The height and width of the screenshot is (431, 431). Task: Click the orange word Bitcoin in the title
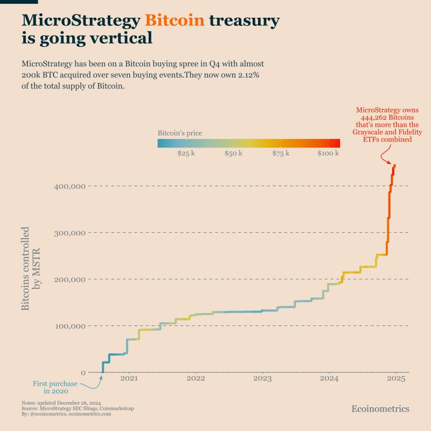[175, 20]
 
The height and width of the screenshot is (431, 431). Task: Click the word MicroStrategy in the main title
[81, 20]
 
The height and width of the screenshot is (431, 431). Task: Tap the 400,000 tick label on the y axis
[70, 186]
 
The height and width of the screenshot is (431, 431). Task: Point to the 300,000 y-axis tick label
[70, 233]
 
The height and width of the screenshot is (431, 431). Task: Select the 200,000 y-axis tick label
[70, 280]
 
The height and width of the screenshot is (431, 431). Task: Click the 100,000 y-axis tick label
[70, 326]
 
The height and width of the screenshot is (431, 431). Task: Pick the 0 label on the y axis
[82, 373]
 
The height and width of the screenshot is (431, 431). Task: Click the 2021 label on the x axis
[129, 379]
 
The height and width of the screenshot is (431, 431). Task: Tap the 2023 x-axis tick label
[262, 379]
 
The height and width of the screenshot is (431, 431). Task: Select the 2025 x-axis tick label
[395, 379]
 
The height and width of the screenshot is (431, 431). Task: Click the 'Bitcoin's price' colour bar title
[180, 133]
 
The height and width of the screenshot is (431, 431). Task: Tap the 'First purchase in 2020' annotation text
[55, 387]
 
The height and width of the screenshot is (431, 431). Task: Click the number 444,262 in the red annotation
[373, 117]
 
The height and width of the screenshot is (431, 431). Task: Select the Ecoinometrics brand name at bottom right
[380, 409]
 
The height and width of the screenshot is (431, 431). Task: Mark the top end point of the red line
[395, 165]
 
